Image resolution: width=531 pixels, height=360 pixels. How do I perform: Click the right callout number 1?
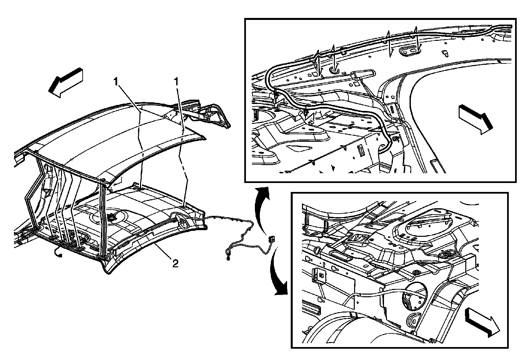point(178,81)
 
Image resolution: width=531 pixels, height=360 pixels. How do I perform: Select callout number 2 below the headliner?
point(175,264)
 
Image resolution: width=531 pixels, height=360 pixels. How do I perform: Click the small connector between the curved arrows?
point(272,238)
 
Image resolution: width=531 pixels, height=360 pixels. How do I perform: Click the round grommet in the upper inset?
point(334,70)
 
